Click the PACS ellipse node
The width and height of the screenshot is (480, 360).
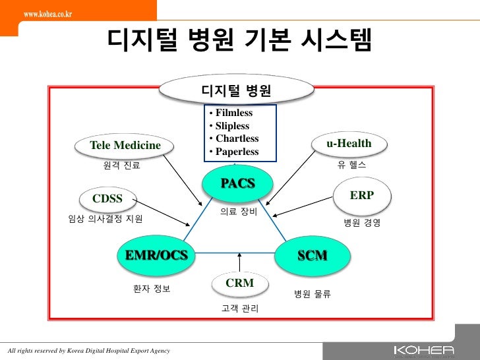237,183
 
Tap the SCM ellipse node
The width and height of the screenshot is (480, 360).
312,255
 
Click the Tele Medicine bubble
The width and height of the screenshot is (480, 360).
125,145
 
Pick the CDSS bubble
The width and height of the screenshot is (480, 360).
106,198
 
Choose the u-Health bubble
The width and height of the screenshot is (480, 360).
349,144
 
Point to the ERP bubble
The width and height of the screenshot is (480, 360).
363,196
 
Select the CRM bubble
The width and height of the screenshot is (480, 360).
239,284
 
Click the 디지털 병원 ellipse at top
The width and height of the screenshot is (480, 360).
237,90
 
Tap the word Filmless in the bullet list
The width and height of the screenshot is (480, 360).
233,113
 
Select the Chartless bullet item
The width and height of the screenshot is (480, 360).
237,138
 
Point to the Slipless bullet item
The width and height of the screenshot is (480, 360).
232,126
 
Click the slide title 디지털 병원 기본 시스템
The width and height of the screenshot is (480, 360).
240,42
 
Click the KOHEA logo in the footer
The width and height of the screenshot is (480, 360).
423,350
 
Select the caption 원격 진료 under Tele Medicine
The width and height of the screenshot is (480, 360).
122,166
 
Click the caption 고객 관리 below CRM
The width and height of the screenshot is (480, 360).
240,309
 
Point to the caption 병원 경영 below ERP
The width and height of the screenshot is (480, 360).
362,223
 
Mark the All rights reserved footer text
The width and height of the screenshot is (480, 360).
88,350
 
